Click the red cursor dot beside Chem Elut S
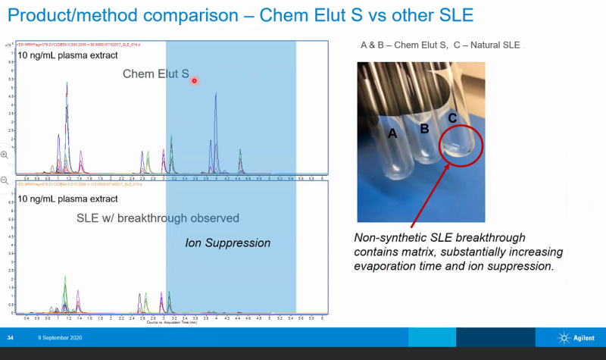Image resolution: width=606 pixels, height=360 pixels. [195, 80]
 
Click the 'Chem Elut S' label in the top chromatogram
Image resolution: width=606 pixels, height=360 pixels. [156, 74]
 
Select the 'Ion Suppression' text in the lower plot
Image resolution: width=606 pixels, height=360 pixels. [228, 243]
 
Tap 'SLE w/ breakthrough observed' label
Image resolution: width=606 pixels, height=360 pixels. [158, 218]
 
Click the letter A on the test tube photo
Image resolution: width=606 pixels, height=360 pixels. [392, 134]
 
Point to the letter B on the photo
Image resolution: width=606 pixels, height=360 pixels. [425, 129]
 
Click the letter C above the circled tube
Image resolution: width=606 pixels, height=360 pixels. [451, 119]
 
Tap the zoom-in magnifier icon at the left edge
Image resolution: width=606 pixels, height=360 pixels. [5, 155]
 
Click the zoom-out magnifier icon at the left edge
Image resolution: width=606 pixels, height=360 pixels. [5, 180]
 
